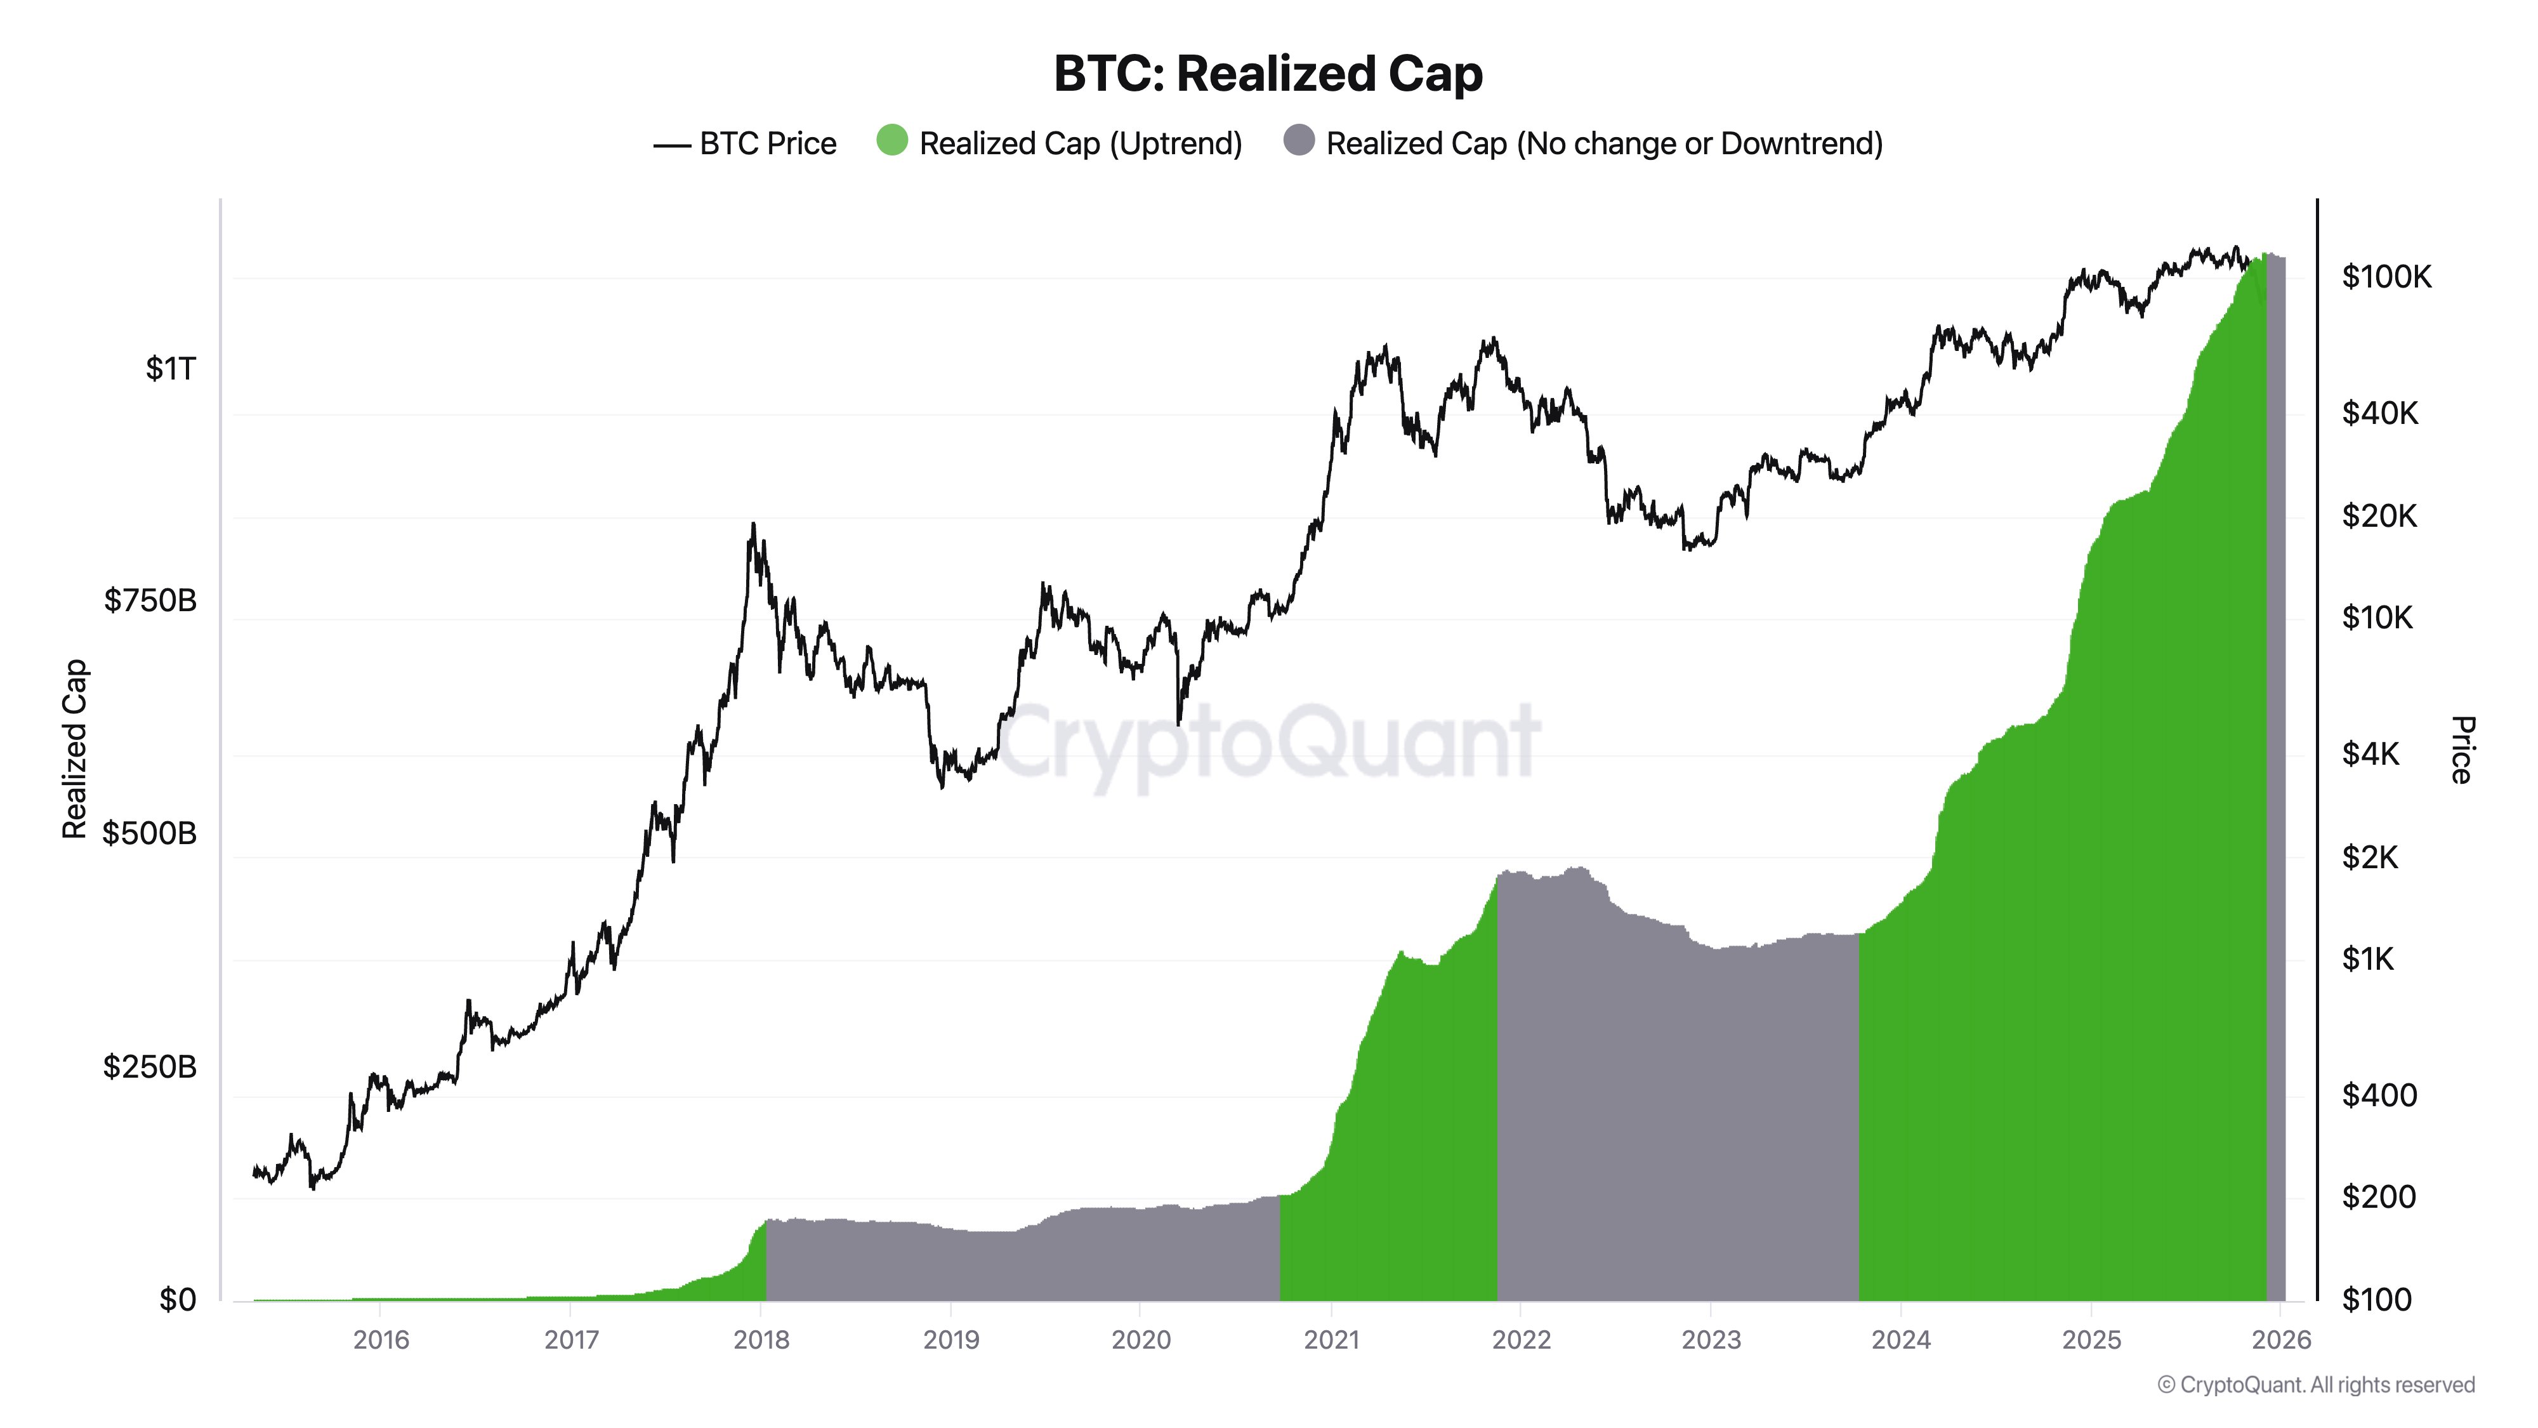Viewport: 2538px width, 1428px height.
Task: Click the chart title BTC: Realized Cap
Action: pyautogui.click(x=1268, y=74)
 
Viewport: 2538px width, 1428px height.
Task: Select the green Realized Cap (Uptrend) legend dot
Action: pyautogui.click(x=891, y=141)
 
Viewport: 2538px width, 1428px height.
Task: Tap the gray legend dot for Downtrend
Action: pyautogui.click(x=1299, y=141)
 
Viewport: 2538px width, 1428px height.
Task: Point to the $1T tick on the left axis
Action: pyautogui.click(x=171, y=369)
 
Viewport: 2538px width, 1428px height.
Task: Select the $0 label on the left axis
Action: pyautogui.click(x=178, y=1300)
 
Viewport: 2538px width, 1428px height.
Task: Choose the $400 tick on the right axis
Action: pyautogui.click(x=2378, y=1095)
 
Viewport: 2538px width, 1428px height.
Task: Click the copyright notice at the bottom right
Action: pyautogui.click(x=2315, y=1385)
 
